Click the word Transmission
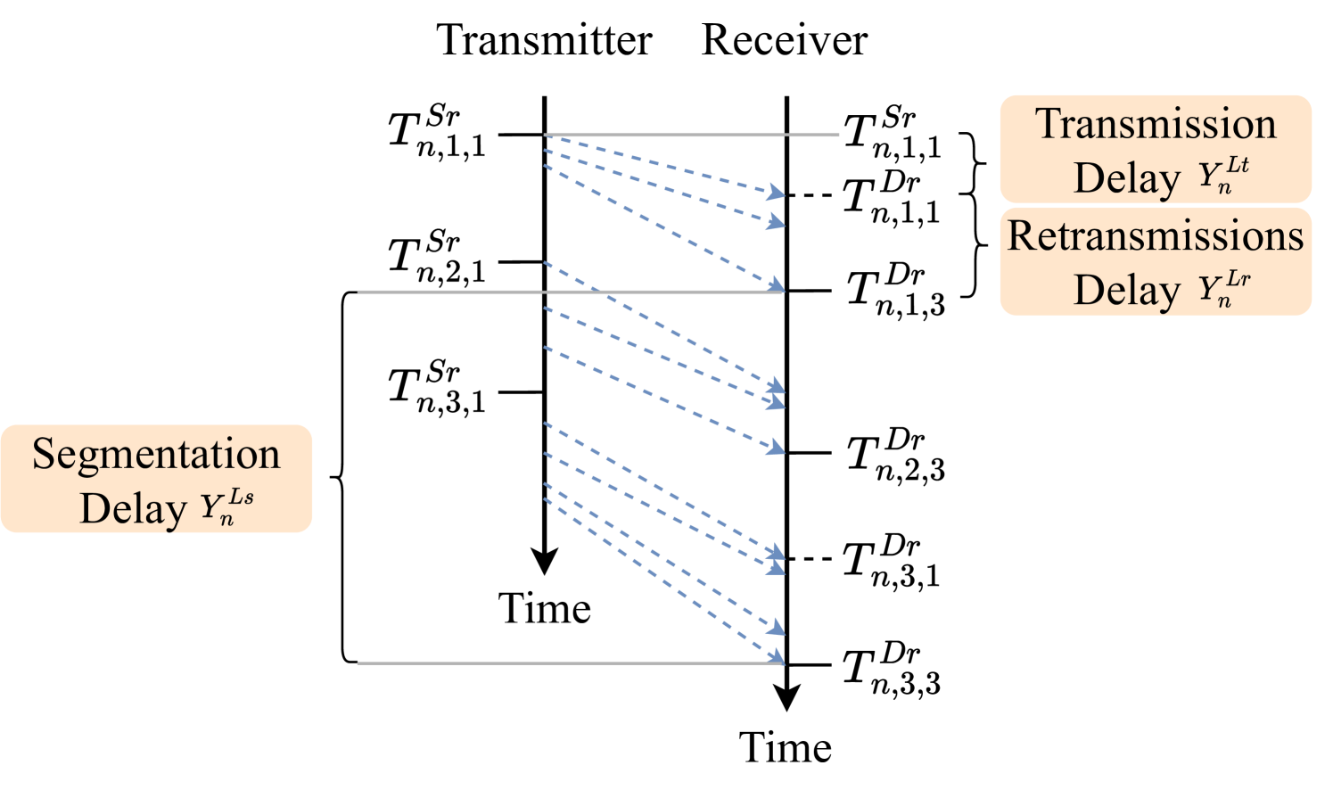point(1156,123)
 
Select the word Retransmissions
point(1156,235)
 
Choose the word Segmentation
point(156,453)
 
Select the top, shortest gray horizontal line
point(691,136)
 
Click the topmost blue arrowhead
point(777,193)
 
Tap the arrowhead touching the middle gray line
point(777,286)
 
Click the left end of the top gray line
point(546,136)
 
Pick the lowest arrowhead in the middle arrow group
point(777,448)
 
